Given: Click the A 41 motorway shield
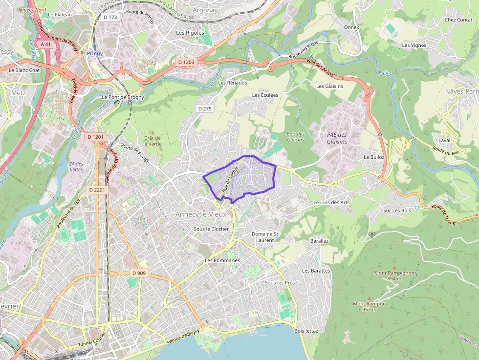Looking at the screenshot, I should coord(45,44).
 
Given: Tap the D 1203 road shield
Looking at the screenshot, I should coord(186,62).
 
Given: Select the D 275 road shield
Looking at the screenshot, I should coord(205,108).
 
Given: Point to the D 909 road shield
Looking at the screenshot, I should coord(139,273).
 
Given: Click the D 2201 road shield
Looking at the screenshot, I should coord(97,189).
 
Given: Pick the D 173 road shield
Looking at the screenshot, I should coord(111,17).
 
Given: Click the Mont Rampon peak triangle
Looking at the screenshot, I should coord(370,297).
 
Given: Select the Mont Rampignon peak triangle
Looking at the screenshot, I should coord(394,267).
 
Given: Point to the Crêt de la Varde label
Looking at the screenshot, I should coord(152,141).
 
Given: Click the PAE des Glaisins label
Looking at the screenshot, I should coord(337,138).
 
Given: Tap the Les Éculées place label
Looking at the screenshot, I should coord(265,95).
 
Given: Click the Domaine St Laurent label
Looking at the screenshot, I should coord(265,237).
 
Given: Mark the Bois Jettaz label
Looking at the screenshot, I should coord(306,331).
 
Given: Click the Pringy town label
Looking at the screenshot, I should coord(95,53).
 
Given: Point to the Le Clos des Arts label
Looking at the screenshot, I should coord(331,202).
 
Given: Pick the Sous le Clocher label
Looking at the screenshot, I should coord(211,229).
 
